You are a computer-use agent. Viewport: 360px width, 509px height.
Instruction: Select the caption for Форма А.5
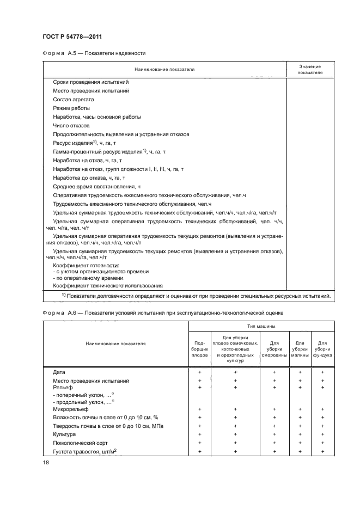pos(94,53)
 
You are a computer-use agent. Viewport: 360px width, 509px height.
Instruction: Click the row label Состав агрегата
pos(74,100)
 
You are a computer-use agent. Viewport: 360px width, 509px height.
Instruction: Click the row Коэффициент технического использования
pos(108,285)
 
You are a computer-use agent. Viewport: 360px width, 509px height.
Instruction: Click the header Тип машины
pos(262,327)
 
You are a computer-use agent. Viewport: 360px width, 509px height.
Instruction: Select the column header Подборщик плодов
pos(199,348)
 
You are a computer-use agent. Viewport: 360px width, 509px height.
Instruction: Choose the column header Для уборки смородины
pos(274,348)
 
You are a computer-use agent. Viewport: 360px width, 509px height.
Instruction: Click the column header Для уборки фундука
pos(322,348)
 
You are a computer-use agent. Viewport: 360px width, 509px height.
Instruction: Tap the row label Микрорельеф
pos(68,408)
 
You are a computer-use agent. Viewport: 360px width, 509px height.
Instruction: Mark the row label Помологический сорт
pos(78,443)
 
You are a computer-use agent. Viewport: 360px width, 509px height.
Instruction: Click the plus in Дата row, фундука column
pos(322,372)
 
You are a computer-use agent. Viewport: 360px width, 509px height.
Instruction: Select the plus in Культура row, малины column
pos(300,434)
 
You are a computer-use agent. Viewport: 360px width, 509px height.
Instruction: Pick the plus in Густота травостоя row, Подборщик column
pos(199,452)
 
